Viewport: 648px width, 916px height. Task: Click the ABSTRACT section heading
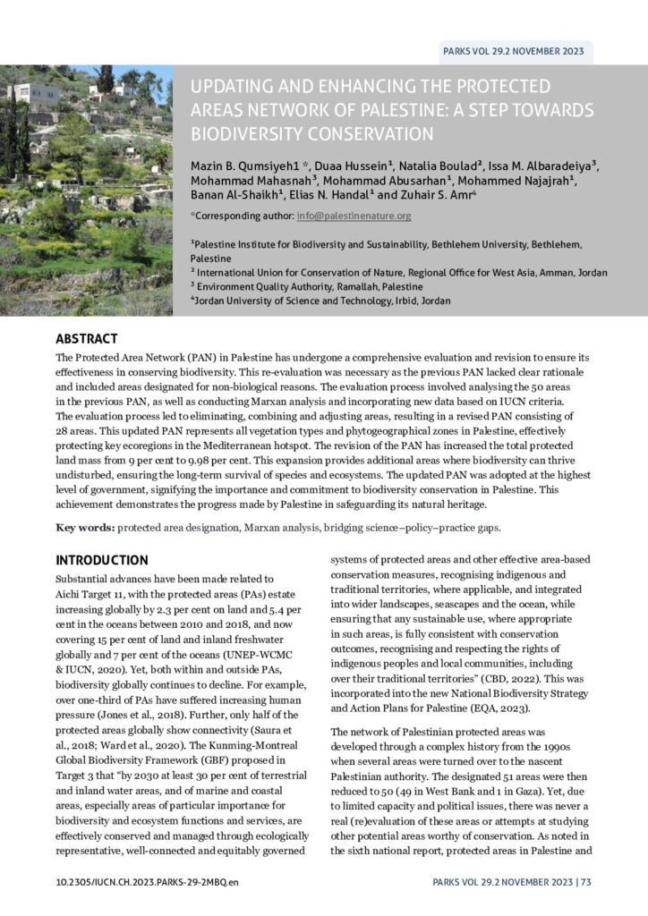[87, 339]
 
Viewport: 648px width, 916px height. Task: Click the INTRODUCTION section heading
[102, 560]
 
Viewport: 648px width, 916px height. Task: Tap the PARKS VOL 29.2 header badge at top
[513, 51]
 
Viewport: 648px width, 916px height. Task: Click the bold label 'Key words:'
[85, 527]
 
